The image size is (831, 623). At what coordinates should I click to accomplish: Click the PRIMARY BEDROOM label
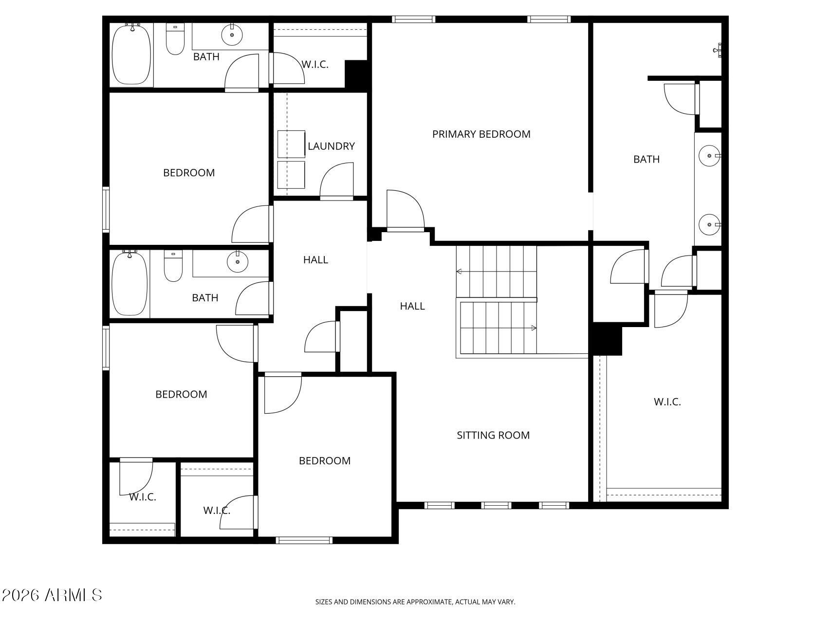click(481, 134)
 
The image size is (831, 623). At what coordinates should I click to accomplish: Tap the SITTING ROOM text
click(493, 435)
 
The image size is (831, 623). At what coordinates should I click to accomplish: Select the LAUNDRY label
click(331, 146)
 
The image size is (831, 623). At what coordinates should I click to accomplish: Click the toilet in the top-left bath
click(175, 38)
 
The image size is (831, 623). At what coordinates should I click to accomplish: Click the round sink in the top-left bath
click(232, 34)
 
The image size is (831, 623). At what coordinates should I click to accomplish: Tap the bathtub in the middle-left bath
click(130, 283)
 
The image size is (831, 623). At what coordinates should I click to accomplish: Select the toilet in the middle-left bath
click(173, 266)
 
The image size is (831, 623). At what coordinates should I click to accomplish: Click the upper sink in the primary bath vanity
click(709, 156)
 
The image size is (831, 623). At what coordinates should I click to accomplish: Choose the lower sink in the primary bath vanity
click(709, 224)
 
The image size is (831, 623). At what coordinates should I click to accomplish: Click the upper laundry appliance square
click(291, 144)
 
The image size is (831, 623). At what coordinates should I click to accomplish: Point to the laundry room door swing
click(336, 181)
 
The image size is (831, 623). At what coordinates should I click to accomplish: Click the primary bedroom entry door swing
click(406, 209)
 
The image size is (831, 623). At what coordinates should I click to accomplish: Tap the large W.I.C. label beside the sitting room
click(667, 402)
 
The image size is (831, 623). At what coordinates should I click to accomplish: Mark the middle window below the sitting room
click(496, 506)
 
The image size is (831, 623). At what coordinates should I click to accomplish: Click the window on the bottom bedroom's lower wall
click(304, 540)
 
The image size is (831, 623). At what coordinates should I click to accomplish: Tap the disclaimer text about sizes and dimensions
click(415, 602)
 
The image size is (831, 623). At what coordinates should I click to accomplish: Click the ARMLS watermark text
click(52, 595)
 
